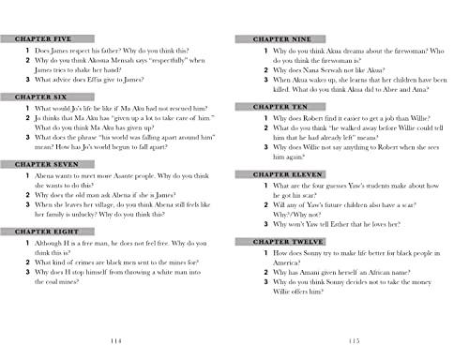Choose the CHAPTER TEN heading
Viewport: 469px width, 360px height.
pos(269,108)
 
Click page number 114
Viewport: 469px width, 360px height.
pos(116,340)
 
